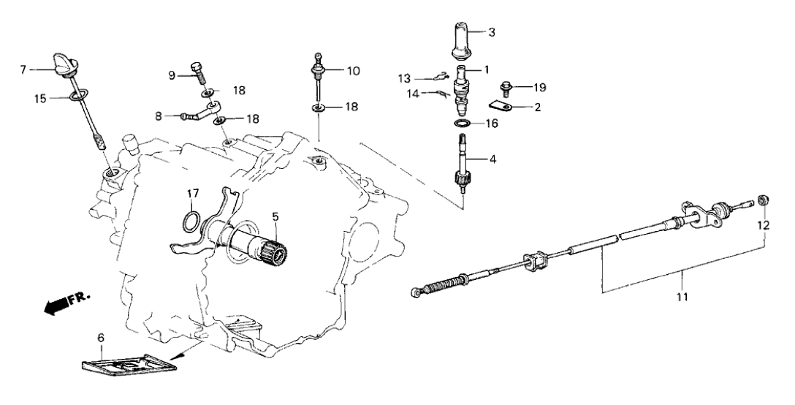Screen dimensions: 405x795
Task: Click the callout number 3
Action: pos(492,32)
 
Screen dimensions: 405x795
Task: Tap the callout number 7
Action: pos(23,69)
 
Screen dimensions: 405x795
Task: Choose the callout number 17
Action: pos(192,194)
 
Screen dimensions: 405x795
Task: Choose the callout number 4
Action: pos(492,156)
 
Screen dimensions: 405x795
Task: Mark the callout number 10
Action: pos(353,71)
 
